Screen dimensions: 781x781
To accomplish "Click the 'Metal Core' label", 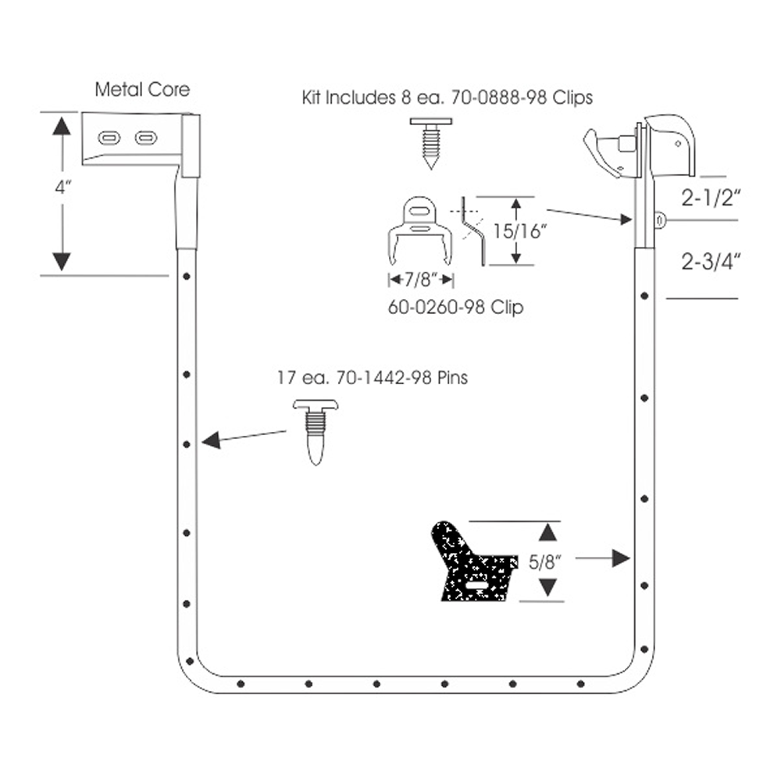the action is point(142,90).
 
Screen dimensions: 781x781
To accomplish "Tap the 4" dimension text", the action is point(63,187).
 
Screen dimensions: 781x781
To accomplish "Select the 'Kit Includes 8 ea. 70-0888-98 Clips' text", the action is point(448,97).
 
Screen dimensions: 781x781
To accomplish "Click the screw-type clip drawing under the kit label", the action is point(431,144).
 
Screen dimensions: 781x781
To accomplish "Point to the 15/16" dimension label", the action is point(520,231).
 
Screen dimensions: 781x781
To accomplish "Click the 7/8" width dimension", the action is point(422,280).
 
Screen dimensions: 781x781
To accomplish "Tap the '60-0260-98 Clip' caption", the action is point(456,307).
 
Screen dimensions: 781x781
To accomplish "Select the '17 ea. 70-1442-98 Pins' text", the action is point(373,377).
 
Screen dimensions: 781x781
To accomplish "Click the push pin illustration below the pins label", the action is point(316,432).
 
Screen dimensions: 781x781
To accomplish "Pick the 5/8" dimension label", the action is point(545,562).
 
